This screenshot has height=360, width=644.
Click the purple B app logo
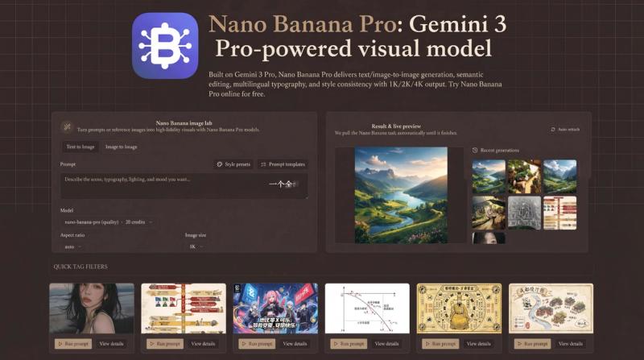164,45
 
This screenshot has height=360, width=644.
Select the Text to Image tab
80,147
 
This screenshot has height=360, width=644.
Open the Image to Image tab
121,147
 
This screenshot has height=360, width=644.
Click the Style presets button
233,164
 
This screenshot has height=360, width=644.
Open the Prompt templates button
283,164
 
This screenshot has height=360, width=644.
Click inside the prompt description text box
161,185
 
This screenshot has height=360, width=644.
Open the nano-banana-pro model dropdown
108,221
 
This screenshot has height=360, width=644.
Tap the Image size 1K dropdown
196,246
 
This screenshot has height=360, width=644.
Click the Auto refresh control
565,129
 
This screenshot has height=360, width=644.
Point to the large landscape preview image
401,194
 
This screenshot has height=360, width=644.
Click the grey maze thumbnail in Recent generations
524,213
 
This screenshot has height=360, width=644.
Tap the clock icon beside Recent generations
475,150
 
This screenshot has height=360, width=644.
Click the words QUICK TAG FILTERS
80,267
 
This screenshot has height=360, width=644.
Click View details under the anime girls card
295,343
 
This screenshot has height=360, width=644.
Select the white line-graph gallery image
367,308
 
